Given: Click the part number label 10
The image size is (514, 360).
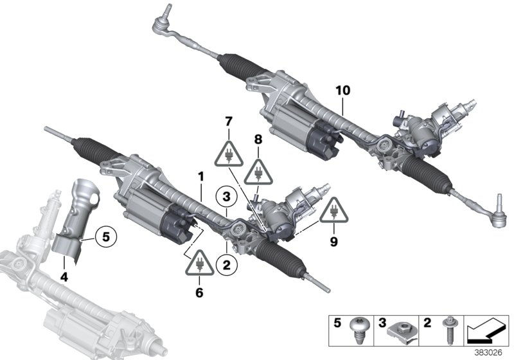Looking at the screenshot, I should click(x=342, y=91).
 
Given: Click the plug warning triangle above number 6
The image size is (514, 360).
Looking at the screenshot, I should click(x=199, y=264).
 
